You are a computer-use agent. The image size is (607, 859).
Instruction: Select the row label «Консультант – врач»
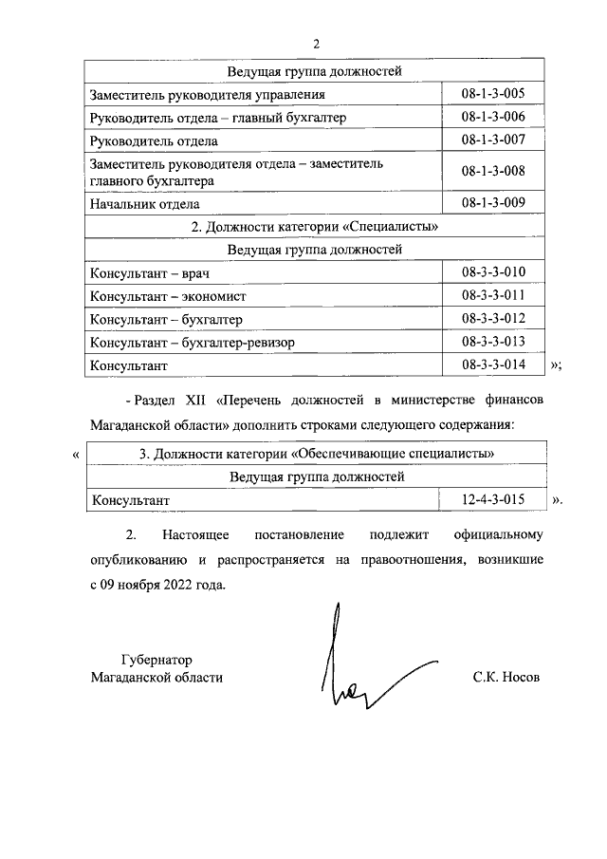[x=149, y=273]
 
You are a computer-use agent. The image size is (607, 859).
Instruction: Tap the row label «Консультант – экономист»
[x=167, y=296]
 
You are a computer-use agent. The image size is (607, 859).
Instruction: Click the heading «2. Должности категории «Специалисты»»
[x=314, y=227]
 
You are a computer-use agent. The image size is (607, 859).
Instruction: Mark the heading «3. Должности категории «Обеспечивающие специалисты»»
[x=316, y=454]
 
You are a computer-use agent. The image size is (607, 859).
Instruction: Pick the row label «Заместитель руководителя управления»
[x=208, y=95]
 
